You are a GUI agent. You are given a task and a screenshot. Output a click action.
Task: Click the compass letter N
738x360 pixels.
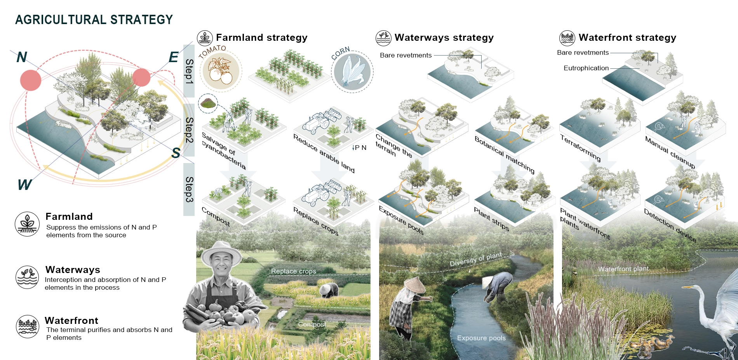pyautogui.click(x=22, y=57)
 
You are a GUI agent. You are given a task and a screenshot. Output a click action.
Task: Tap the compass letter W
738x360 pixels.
pyautogui.click(x=24, y=184)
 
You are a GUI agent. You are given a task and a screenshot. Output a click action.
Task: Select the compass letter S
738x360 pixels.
pyautogui.click(x=176, y=153)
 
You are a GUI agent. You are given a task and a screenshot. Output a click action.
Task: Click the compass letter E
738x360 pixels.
pyautogui.click(x=174, y=57)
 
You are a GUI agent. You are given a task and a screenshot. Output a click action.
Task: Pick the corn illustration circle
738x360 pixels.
pyautogui.click(x=352, y=72)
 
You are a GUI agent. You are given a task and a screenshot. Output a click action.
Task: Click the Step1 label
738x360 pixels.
pyautogui.click(x=189, y=71)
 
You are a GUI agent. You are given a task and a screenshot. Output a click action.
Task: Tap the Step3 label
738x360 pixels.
pyautogui.click(x=189, y=189)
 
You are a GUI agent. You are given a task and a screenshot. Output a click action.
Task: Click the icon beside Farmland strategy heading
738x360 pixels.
pyautogui.click(x=205, y=38)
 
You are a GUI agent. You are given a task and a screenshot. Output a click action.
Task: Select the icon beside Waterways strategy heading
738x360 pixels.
pyautogui.click(x=383, y=38)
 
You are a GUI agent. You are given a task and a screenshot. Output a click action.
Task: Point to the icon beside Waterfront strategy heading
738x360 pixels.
pyautogui.click(x=567, y=38)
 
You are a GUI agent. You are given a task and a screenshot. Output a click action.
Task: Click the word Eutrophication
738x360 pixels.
pyautogui.click(x=586, y=68)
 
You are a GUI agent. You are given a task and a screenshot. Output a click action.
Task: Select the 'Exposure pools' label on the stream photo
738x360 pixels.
pyautogui.click(x=481, y=338)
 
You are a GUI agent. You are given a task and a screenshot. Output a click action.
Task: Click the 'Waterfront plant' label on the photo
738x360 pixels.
pyautogui.click(x=623, y=269)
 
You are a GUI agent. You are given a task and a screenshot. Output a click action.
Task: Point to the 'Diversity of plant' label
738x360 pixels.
pyautogui.click(x=475, y=259)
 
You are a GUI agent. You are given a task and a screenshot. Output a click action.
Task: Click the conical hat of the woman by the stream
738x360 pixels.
pyautogui.click(x=415, y=285)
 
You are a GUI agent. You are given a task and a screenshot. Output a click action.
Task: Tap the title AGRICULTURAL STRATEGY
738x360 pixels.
pyautogui.click(x=94, y=20)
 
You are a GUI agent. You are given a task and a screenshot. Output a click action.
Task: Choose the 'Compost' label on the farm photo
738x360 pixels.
pyautogui.click(x=312, y=324)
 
